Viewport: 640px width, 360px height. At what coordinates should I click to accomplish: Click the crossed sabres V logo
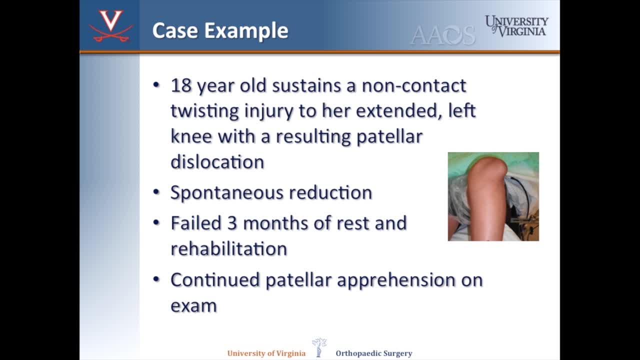tap(111, 26)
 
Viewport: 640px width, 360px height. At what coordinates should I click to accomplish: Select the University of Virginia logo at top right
tap(516, 25)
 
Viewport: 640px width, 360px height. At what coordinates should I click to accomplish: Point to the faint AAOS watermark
tap(442, 35)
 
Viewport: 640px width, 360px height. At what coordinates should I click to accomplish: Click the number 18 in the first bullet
tap(181, 85)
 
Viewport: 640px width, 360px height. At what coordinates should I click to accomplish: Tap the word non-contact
tap(414, 85)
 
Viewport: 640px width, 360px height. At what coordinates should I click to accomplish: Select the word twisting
tap(205, 111)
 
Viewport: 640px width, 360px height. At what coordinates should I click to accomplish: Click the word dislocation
tap(217, 162)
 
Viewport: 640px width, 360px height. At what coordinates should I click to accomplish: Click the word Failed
tap(195, 222)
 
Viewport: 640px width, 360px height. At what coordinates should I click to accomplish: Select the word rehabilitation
tap(228, 248)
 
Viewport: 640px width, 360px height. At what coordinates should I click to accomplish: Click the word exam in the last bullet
tap(193, 306)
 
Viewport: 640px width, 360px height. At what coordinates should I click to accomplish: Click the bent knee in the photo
tap(487, 173)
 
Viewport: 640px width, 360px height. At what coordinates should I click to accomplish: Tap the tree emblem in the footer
tap(319, 347)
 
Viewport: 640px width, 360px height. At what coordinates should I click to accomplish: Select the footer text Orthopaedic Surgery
tap(374, 353)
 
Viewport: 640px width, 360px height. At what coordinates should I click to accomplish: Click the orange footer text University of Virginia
tap(266, 353)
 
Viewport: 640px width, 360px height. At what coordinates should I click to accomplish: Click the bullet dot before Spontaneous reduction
tap(156, 191)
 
